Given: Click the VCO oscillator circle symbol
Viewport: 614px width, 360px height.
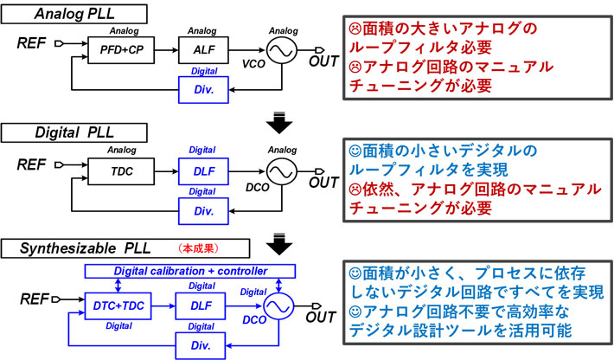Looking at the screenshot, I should pyautogui.click(x=282, y=51).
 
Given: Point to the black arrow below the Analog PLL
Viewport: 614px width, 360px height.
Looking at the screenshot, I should pyautogui.click(x=279, y=119).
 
